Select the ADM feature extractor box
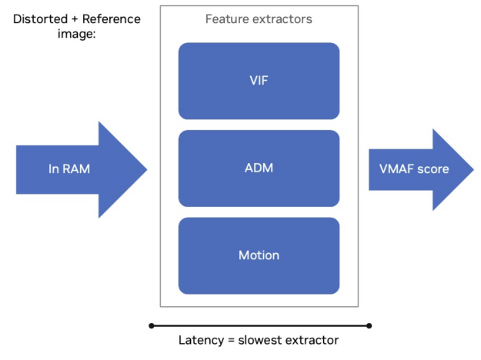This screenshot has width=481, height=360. (259, 168)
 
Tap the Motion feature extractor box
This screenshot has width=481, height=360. (259, 255)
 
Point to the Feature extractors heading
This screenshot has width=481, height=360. (259, 19)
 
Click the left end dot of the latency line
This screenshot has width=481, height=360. (152, 325)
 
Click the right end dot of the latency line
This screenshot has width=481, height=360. (369, 325)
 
